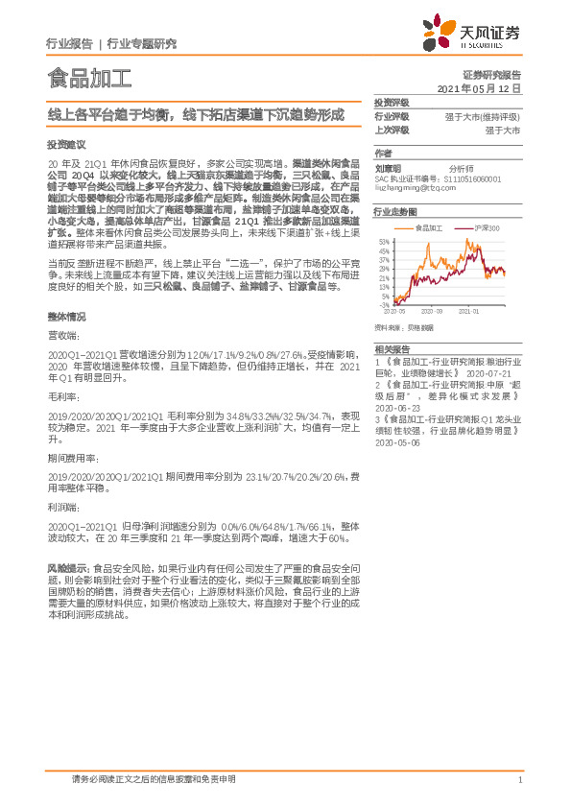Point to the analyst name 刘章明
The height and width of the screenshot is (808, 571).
(x=386, y=167)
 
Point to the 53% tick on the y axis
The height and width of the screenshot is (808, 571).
(x=384, y=241)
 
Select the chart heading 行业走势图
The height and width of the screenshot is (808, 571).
(x=394, y=209)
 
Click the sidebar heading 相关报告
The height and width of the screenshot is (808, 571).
(x=392, y=348)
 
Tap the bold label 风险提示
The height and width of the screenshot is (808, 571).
(x=67, y=568)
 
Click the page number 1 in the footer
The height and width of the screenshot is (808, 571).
(x=519, y=780)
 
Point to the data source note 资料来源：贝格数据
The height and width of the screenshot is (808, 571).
(x=406, y=327)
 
